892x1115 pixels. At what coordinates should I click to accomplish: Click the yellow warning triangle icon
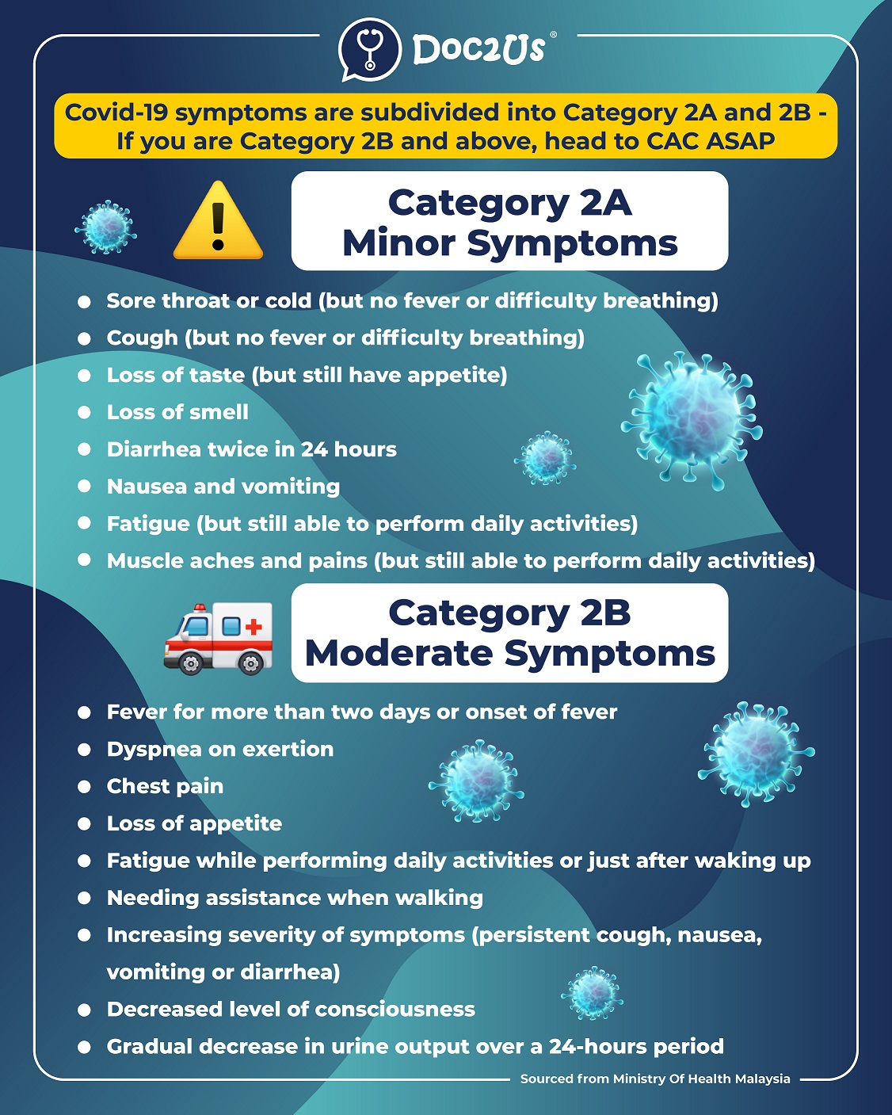(218, 222)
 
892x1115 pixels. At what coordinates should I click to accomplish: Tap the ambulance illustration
(218, 639)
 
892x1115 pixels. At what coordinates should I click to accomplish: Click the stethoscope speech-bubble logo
(370, 49)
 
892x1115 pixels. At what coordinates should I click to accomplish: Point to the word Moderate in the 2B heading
(398, 654)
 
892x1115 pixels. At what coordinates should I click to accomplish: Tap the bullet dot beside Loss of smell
(85, 412)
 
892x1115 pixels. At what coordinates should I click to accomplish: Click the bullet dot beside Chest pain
(85, 787)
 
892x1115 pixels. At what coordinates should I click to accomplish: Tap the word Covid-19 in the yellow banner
(116, 113)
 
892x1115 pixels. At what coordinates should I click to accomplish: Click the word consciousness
(393, 1010)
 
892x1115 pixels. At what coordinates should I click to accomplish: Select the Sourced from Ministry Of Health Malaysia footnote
(655, 1079)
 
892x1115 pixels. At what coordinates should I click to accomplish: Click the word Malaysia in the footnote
(762, 1079)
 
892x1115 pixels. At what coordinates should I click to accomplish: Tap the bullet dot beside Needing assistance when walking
(85, 899)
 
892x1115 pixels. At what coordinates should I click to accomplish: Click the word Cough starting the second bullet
(143, 338)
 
